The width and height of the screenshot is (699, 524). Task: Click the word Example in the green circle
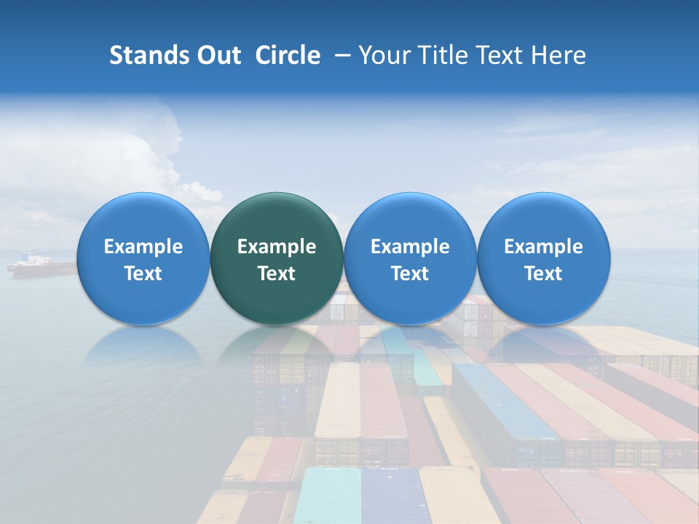(277, 247)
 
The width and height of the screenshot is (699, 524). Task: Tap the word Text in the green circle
(277, 274)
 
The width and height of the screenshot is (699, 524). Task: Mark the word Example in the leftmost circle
(143, 247)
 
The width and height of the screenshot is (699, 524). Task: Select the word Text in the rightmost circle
(543, 274)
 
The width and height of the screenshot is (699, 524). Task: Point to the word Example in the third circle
(410, 247)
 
